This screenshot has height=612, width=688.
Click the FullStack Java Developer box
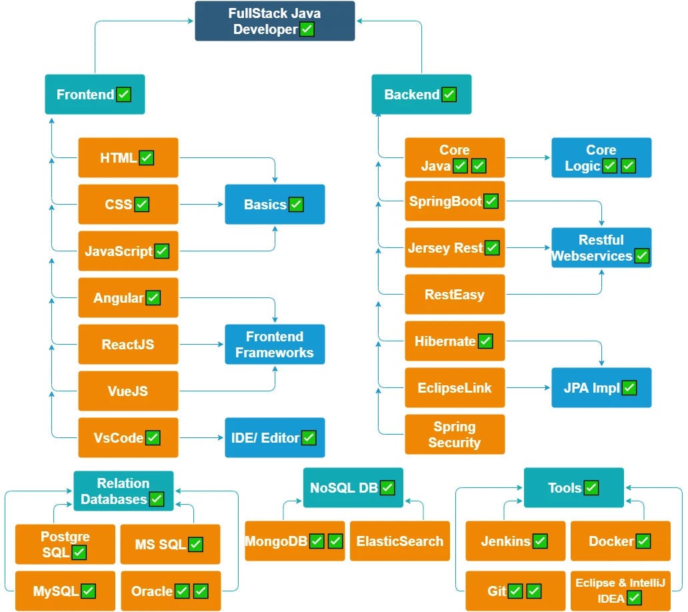pyautogui.click(x=275, y=21)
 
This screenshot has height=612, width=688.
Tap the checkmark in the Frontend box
pyautogui.click(x=124, y=94)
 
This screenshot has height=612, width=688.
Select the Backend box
pyautogui.click(x=421, y=94)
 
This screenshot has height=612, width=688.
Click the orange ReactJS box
pyautogui.click(x=128, y=345)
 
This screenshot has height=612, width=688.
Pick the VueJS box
pyautogui.click(x=128, y=391)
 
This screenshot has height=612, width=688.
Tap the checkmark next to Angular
pyautogui.click(x=153, y=298)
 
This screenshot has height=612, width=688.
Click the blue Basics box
pyautogui.click(x=275, y=205)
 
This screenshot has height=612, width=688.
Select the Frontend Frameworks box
pyautogui.click(x=275, y=345)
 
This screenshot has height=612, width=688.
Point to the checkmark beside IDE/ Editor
pyautogui.click(x=309, y=438)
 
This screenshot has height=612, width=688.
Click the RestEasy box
pyautogui.click(x=455, y=295)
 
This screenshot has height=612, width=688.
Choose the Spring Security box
pyautogui.click(x=455, y=435)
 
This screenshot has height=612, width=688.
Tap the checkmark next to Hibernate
pyautogui.click(x=485, y=341)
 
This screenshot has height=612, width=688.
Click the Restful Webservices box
pyautogui.click(x=601, y=248)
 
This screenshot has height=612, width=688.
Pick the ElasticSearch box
pyautogui.click(x=400, y=541)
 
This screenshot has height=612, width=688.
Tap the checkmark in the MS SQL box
pyautogui.click(x=195, y=545)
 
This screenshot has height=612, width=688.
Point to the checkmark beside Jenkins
pyautogui.click(x=540, y=541)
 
